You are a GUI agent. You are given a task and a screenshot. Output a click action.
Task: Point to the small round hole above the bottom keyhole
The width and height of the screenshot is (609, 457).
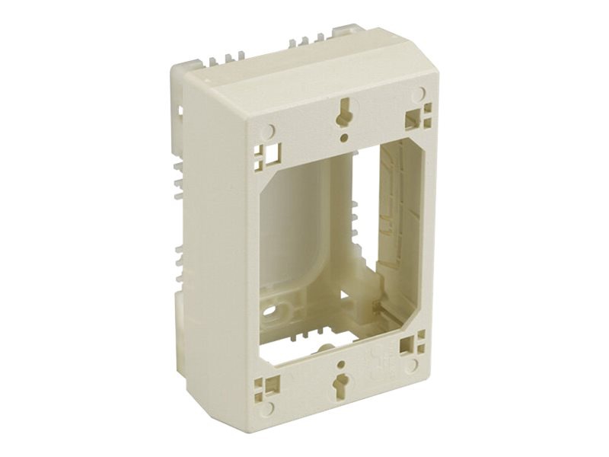coord(342,353)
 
